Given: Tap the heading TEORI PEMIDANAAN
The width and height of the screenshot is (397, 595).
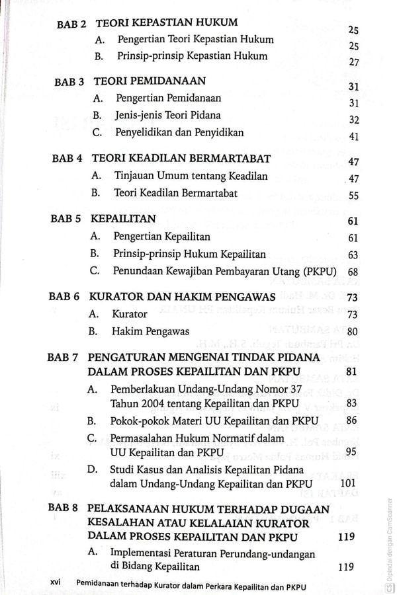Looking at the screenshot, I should [x=150, y=83].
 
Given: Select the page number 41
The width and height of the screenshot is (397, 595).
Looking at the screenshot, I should [x=353, y=137].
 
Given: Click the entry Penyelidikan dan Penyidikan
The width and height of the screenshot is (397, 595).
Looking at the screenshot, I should [x=179, y=132].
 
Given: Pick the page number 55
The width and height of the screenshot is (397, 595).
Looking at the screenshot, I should [x=353, y=196].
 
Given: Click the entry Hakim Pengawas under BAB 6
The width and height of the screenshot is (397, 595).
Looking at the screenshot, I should [x=151, y=331].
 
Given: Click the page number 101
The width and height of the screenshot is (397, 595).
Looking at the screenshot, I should [x=348, y=483].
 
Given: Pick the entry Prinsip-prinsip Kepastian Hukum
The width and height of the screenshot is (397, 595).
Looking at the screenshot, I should [x=191, y=56].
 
